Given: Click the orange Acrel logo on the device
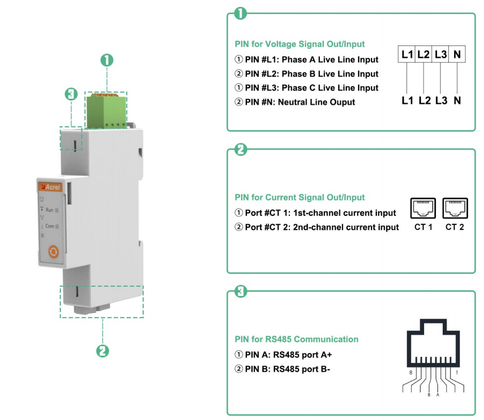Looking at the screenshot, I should click(x=50, y=188).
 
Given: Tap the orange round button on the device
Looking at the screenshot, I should click(x=53, y=252).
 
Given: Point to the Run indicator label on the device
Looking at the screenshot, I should click(x=50, y=210).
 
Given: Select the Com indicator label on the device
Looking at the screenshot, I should click(x=50, y=226).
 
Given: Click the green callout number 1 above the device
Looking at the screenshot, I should click(x=106, y=60).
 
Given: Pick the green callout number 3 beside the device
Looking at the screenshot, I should click(x=71, y=94).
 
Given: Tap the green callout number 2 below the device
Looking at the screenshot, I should click(x=103, y=351).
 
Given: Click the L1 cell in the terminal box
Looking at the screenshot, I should click(x=407, y=54).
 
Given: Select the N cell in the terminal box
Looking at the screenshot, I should click(x=457, y=54).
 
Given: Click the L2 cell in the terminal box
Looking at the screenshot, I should click(x=424, y=54).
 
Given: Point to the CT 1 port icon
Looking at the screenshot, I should click(x=423, y=209).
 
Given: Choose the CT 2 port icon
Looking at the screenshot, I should click(x=455, y=209).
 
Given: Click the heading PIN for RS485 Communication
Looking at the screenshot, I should click(x=296, y=339).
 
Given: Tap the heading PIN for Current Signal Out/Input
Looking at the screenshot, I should click(x=300, y=197).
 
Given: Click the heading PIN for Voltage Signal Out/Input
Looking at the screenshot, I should click(x=300, y=44).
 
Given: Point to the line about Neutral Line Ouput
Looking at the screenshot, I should click(x=295, y=102).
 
